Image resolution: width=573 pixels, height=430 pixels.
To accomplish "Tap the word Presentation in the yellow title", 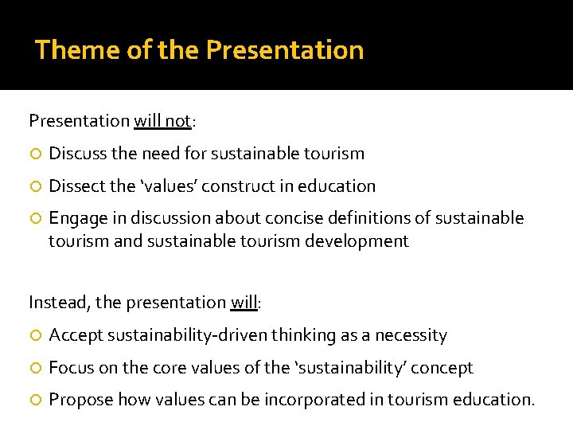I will click(x=285, y=50).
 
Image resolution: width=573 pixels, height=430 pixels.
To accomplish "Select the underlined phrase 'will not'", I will click(x=162, y=121).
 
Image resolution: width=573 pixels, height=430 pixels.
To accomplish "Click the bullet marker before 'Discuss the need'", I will click(x=35, y=154).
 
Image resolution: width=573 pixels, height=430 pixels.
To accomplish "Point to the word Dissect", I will click(x=76, y=186).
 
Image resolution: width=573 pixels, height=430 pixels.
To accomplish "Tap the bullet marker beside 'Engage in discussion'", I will click(x=35, y=218).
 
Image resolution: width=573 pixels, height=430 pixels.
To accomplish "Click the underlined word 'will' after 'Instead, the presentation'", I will click(x=243, y=303).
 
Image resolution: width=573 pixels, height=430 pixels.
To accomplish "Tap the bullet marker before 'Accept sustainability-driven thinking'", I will click(x=35, y=336).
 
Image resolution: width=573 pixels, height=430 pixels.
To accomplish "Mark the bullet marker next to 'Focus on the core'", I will click(x=35, y=368).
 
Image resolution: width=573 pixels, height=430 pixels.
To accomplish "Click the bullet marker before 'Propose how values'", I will click(x=35, y=400).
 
